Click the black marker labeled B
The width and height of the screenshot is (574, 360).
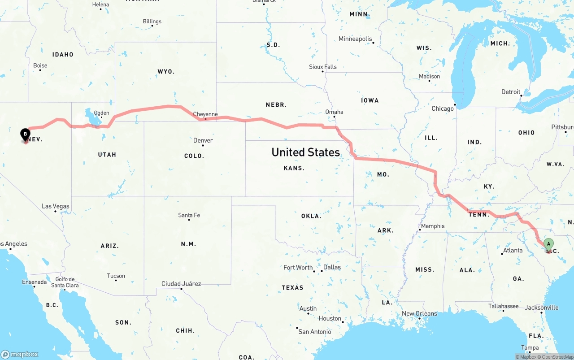[25, 134]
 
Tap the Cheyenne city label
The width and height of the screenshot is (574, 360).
[205, 114]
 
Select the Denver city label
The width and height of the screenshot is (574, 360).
[203, 140]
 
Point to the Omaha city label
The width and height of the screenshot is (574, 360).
[334, 112]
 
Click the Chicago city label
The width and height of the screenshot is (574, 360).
[443, 108]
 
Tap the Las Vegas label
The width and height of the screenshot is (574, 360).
[56, 206]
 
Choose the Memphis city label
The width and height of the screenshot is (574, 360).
[433, 226]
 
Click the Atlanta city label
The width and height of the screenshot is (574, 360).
[513, 250]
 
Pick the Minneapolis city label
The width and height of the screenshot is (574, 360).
[355, 39]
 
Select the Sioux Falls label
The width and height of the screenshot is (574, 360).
[322, 67]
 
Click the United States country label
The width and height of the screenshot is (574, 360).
[305, 152]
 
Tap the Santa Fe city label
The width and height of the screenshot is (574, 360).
[189, 215]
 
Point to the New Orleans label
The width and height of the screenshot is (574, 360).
[419, 313]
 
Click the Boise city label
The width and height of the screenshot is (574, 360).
[40, 65]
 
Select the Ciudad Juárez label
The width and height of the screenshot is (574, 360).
[181, 284]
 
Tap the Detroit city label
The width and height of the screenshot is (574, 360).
[511, 92]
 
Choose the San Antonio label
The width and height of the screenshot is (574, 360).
[315, 332]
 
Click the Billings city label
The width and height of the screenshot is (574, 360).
[152, 22]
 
